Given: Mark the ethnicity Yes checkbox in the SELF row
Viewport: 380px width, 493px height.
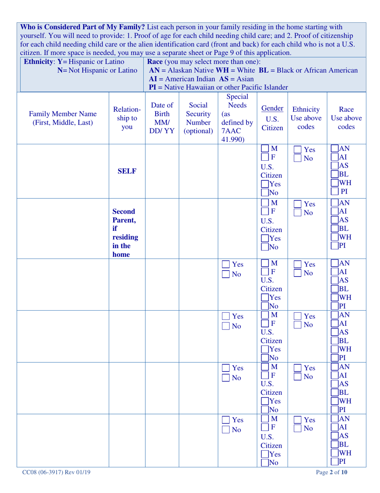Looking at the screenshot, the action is [x=298, y=150].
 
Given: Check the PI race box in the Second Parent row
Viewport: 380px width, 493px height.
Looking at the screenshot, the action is [x=334, y=246].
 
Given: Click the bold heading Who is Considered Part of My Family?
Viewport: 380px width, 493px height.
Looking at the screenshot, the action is [x=83, y=27].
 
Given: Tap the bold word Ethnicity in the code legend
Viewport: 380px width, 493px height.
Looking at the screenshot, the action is [x=39, y=62].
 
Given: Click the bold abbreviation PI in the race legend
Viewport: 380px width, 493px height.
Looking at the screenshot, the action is [x=152, y=87].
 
